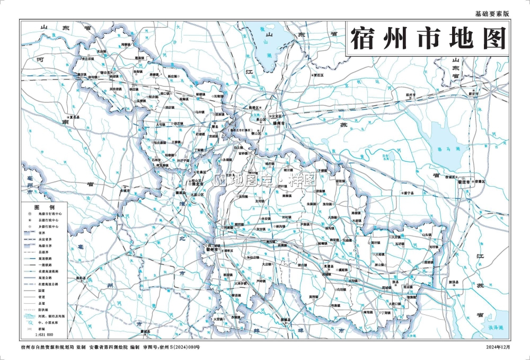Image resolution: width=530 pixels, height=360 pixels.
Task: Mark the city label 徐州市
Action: click(279, 123)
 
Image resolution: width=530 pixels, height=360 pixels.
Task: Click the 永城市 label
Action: click(125, 190)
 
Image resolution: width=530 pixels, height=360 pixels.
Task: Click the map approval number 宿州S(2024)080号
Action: click(181, 347)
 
